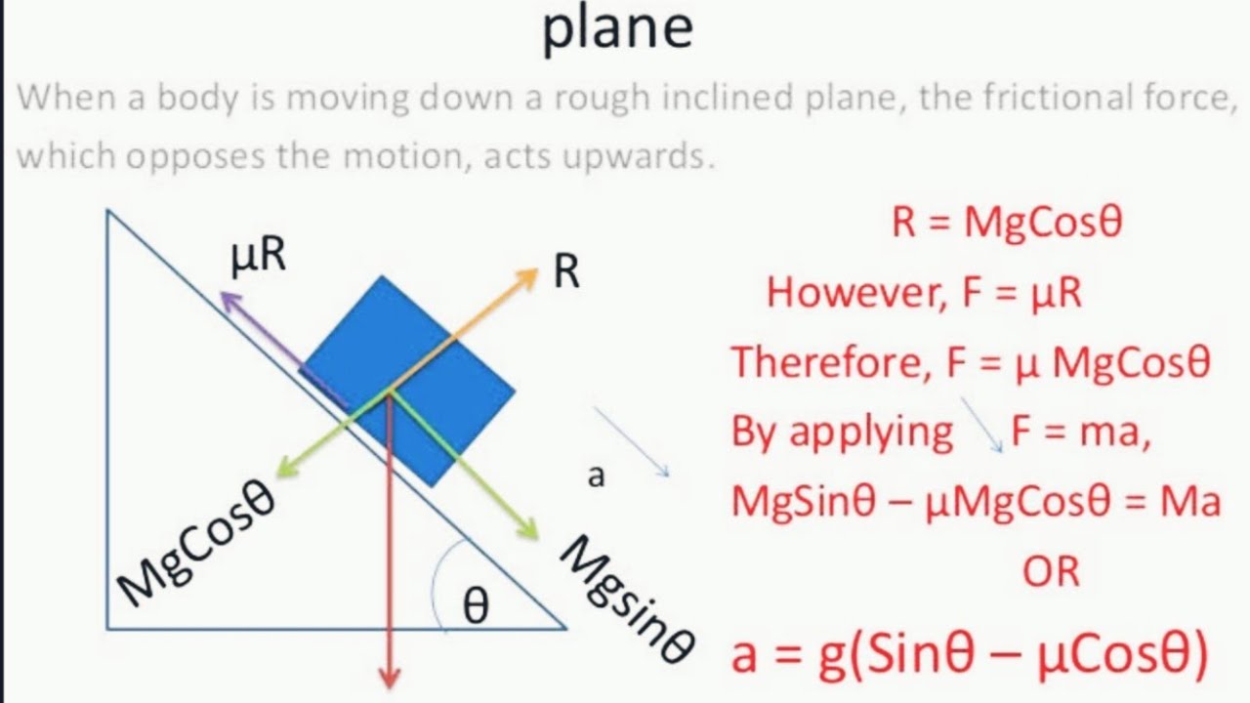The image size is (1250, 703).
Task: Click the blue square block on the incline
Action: point(408,381)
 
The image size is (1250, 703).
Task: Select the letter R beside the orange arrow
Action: point(567,272)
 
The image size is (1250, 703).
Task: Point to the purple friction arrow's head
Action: point(228,298)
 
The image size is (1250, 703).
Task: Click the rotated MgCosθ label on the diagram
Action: point(196,540)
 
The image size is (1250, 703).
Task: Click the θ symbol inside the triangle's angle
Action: point(476,607)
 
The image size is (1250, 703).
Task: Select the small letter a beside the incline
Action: point(596,476)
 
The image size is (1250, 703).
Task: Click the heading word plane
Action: point(617,29)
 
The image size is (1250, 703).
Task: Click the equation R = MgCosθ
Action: point(1007,223)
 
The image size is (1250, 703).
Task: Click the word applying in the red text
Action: point(870,432)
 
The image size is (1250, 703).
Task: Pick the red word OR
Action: point(1051,571)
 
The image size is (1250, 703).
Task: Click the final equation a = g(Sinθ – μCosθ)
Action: point(970,654)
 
